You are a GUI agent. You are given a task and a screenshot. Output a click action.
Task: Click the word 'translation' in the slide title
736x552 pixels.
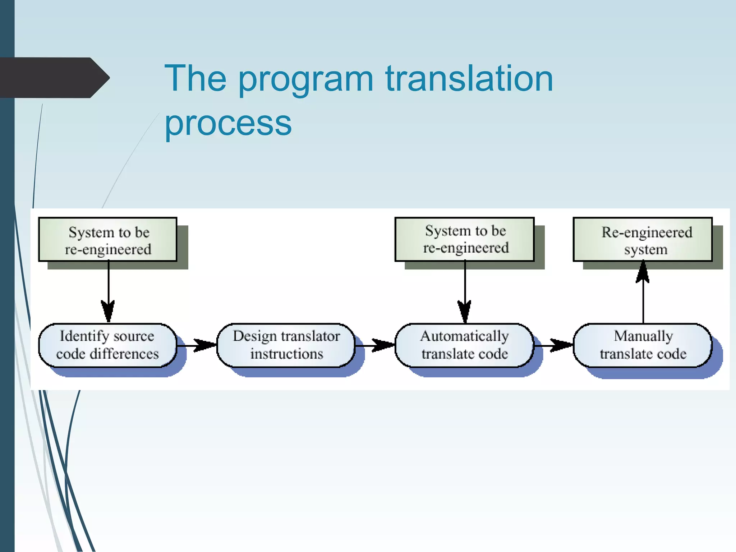click(x=469, y=78)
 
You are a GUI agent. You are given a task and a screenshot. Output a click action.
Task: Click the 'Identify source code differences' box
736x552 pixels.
click(x=107, y=345)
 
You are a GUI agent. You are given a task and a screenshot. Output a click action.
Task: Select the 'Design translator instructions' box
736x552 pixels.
click(x=286, y=345)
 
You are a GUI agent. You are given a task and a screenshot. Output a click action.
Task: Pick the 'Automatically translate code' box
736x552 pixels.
click(x=464, y=345)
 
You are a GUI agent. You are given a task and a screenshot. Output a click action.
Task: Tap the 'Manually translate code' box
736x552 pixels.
click(x=643, y=345)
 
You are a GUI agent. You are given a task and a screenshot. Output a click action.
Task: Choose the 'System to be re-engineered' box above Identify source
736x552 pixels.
click(x=108, y=240)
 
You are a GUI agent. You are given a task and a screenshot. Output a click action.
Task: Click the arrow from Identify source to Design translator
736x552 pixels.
click(x=197, y=345)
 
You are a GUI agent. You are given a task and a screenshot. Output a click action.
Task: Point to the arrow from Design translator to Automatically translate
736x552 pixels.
click(x=375, y=345)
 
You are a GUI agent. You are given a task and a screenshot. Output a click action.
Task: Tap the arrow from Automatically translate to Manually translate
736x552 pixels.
click(x=553, y=345)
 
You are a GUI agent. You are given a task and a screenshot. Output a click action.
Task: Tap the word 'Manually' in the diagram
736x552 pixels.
click(x=643, y=336)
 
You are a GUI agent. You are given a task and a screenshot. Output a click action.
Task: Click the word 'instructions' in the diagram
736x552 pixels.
click(x=286, y=354)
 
